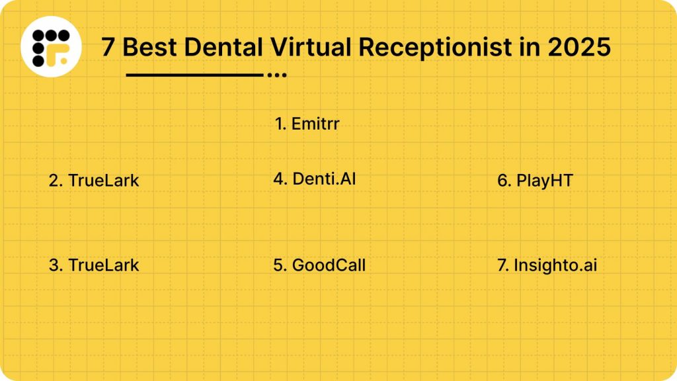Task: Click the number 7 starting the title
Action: tap(108, 48)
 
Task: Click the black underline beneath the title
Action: tap(194, 75)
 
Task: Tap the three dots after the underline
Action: tap(276, 75)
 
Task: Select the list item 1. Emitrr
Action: tap(307, 124)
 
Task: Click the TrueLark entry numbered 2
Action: tap(94, 181)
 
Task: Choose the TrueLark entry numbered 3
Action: tap(94, 265)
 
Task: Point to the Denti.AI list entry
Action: tap(315, 179)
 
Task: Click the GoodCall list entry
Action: tap(319, 265)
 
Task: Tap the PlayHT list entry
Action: tap(535, 181)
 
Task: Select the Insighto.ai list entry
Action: tap(547, 265)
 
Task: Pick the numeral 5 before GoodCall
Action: tap(278, 265)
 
